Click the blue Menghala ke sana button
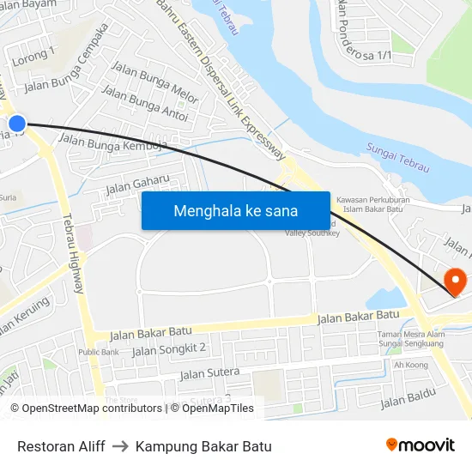pos(235,210)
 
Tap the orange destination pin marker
pos(454,280)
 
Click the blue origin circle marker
pos(16,124)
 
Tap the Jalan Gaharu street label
pos(137,183)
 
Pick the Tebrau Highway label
pos(72,253)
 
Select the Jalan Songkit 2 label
pos(169,349)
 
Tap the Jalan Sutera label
pos(209,372)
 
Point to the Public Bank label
pos(99,352)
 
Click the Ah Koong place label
pos(410,365)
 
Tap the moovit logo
pos(420,445)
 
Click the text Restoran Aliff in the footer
pos(61,446)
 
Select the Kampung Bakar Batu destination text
pos(203,446)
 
